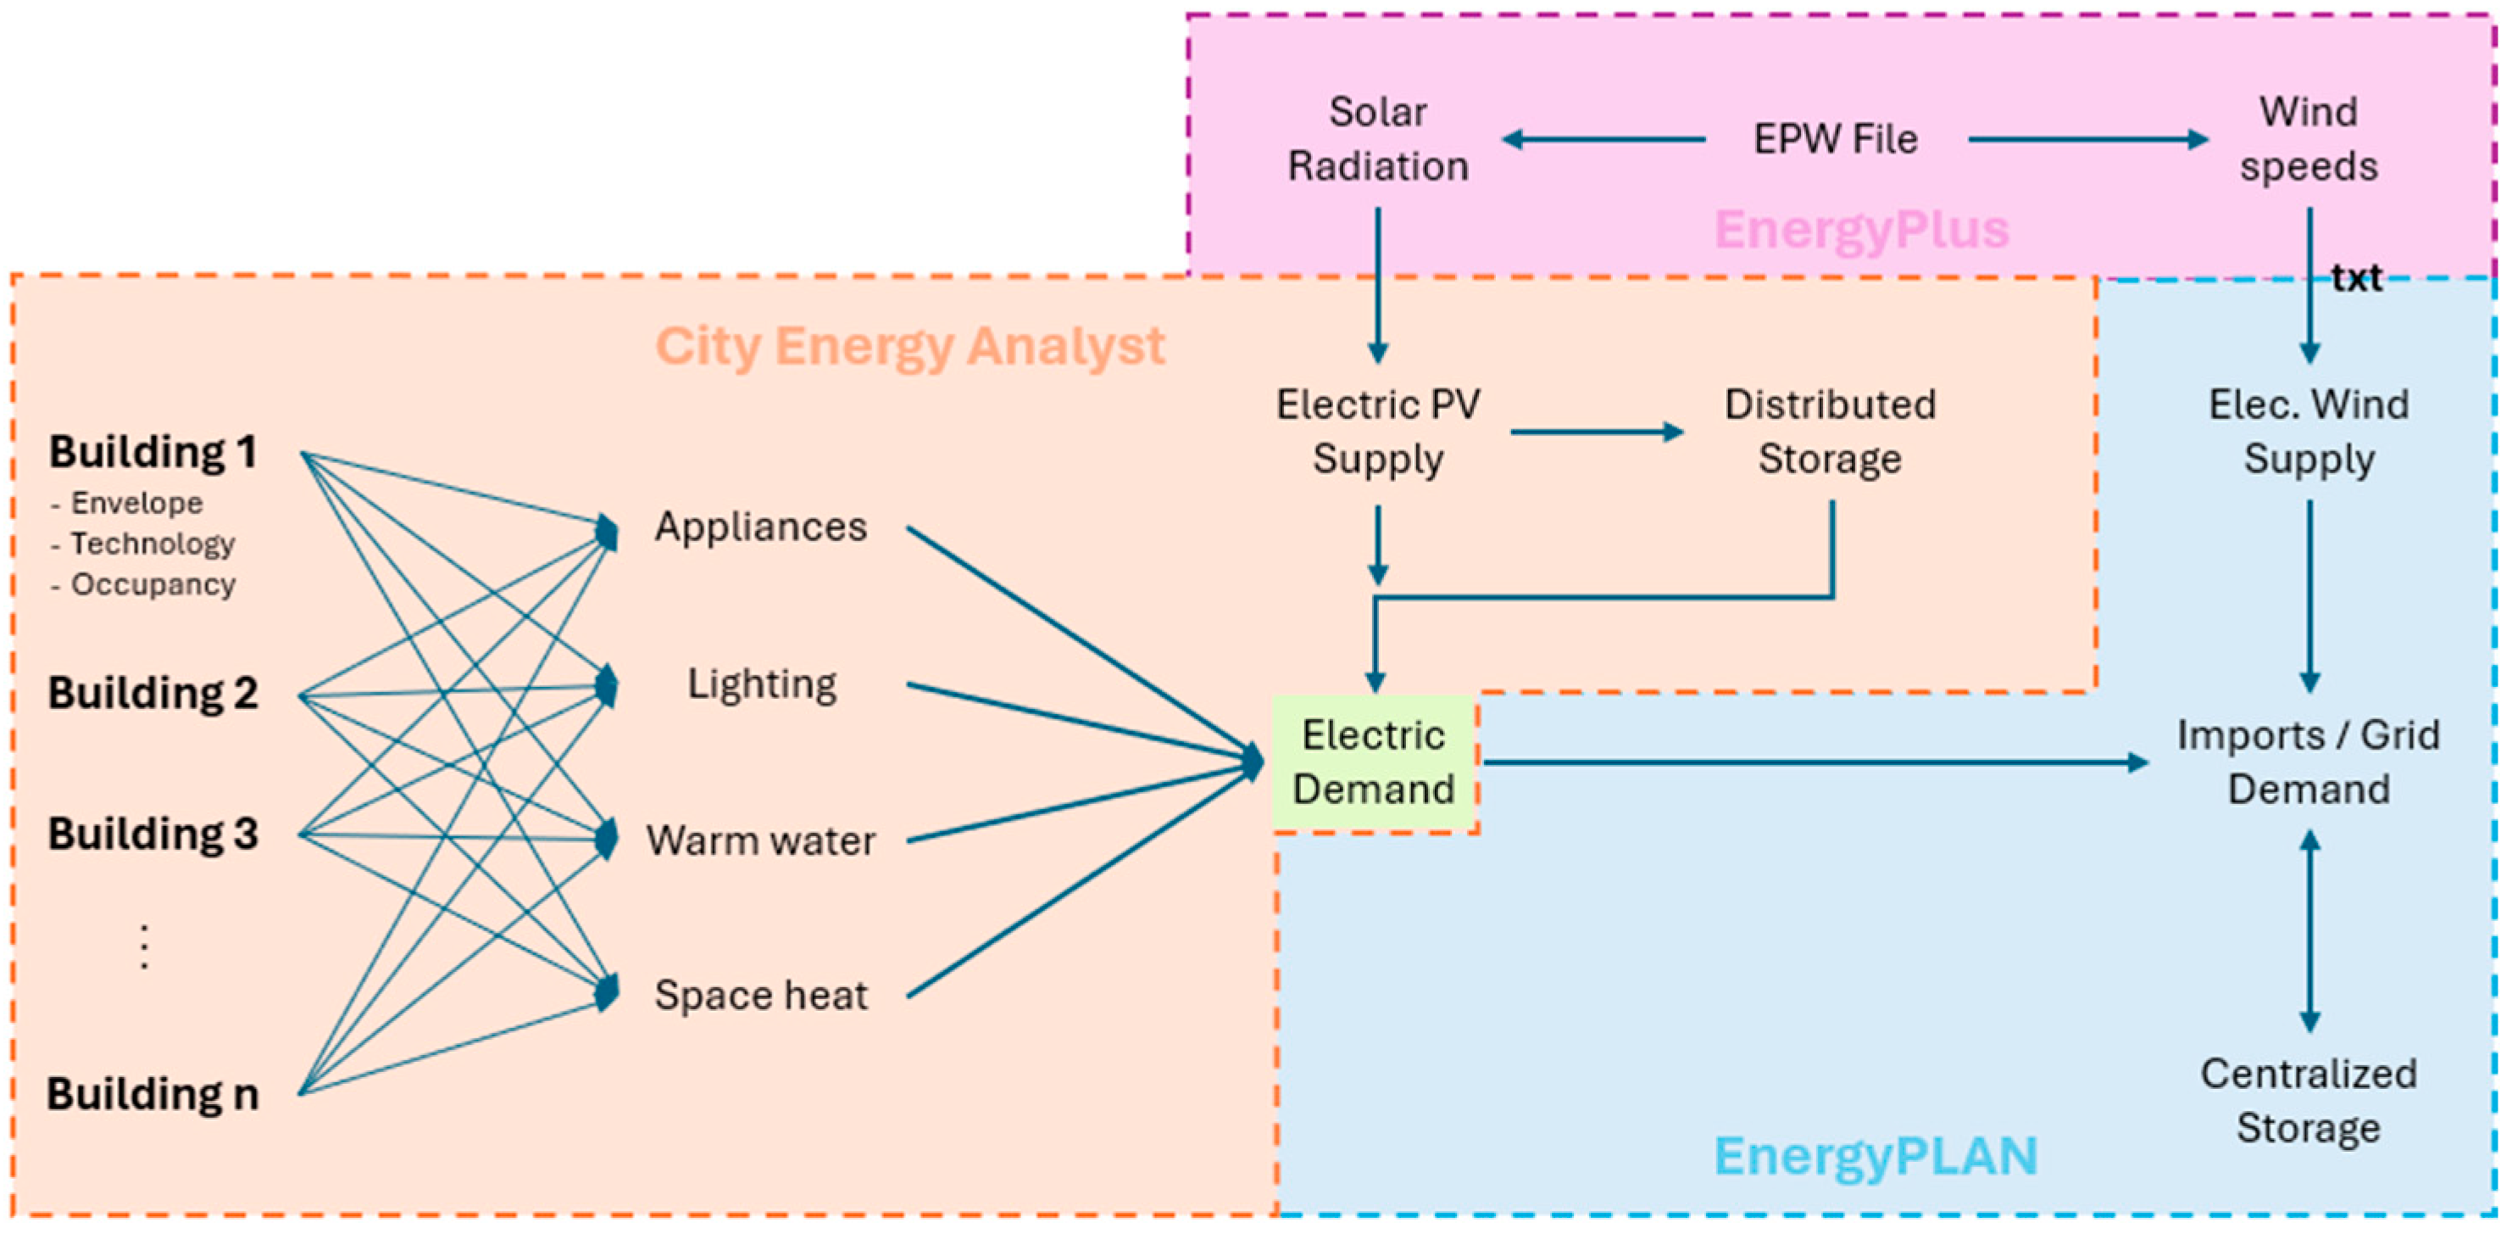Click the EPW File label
click(1835, 139)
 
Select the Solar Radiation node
click(1378, 139)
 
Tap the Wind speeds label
click(2309, 139)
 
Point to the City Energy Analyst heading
click(910, 346)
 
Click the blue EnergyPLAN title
click(1876, 1156)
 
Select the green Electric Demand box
click(1374, 762)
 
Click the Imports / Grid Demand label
click(2309, 762)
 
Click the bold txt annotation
click(2356, 279)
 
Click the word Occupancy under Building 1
click(153, 585)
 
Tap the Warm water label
click(760, 840)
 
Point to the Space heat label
click(760, 996)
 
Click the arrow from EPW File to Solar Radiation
click(1604, 139)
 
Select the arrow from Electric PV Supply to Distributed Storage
click(1597, 433)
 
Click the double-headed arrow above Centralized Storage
click(2309, 931)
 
